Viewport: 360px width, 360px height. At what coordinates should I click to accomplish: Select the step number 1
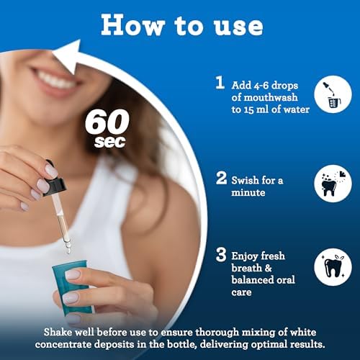[220, 83]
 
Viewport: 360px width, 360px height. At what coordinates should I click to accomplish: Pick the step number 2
[221, 177]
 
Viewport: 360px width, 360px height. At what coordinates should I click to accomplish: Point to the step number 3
[221, 256]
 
